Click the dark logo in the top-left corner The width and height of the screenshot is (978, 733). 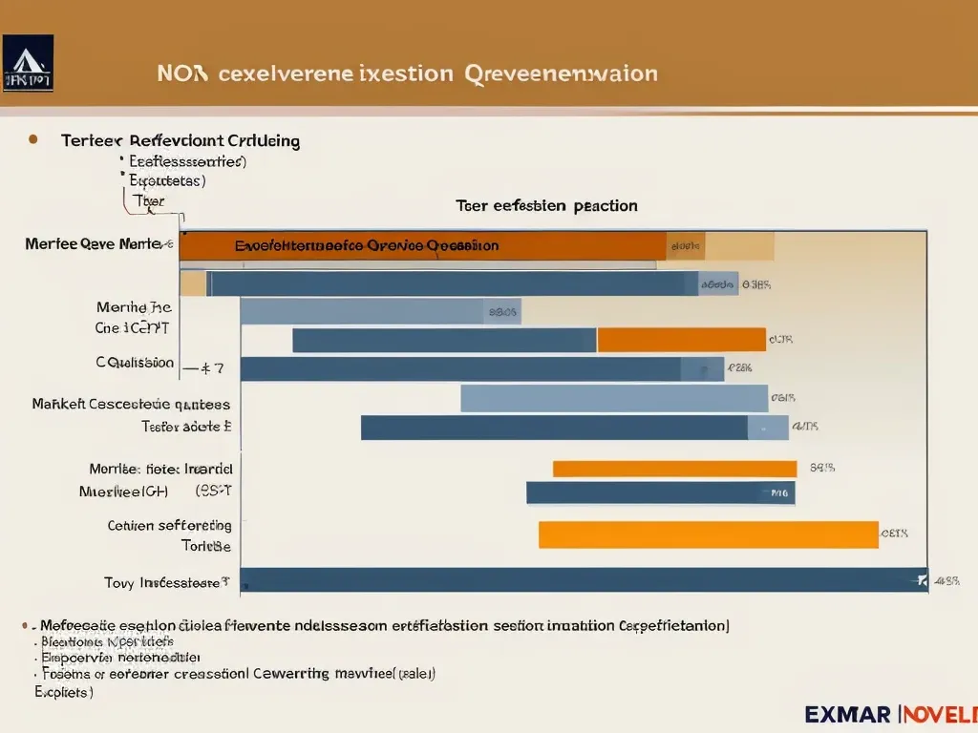(28, 63)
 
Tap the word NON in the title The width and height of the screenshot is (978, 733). (181, 73)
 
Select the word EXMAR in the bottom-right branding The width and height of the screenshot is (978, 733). (848, 714)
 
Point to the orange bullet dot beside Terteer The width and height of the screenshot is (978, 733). (33, 139)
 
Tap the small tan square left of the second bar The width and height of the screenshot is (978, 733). (193, 283)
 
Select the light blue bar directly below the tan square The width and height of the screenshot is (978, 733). (362, 311)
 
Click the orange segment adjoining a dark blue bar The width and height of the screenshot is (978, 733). (681, 340)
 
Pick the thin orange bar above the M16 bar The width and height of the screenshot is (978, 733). (674, 469)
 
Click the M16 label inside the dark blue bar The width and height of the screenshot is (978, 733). (779, 493)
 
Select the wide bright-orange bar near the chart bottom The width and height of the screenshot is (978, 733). (708, 534)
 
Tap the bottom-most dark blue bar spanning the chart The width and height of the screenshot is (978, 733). (583, 579)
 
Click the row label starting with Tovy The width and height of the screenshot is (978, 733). (166, 581)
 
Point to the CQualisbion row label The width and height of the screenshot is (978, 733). (135, 363)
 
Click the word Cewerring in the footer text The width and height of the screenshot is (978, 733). (292, 673)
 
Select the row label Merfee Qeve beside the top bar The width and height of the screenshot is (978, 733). (93, 244)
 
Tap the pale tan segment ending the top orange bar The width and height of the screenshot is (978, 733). (739, 245)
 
